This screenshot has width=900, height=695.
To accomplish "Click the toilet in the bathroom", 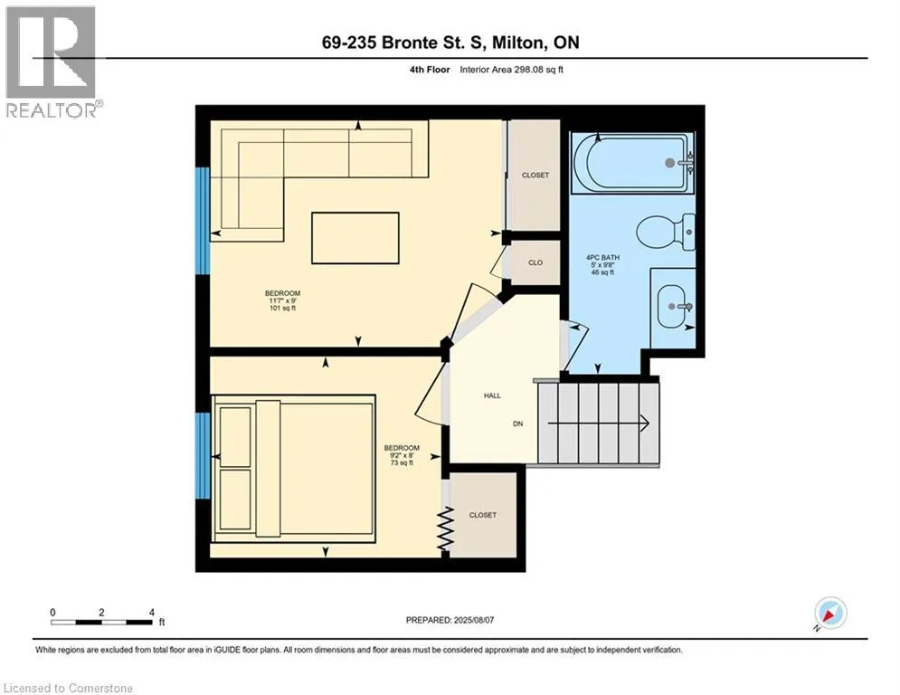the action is click(666, 232).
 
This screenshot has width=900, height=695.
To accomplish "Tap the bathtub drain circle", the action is click(670, 163).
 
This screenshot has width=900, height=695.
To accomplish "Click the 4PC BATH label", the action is click(602, 257).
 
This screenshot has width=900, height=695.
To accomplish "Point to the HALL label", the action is click(492, 395).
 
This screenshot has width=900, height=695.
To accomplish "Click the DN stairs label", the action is click(517, 424).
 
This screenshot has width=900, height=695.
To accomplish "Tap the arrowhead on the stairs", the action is click(645, 424).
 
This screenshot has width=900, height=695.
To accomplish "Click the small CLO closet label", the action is click(535, 262).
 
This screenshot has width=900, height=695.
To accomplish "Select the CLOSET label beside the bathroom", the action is click(535, 176).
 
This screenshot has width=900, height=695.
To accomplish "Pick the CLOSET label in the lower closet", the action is click(483, 515).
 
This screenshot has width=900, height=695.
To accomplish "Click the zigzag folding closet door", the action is click(446, 528).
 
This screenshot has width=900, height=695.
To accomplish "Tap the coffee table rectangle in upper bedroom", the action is click(355, 238).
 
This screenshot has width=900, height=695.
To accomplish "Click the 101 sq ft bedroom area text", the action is click(282, 309).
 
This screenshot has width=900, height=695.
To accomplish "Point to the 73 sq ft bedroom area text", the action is click(402, 463).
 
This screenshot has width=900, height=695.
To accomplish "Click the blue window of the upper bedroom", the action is click(202, 221).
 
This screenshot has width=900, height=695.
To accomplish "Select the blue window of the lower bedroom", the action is click(202, 455).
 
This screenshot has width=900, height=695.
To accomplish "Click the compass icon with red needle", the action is click(830, 614).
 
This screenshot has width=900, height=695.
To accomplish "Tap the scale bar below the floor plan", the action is click(101, 622).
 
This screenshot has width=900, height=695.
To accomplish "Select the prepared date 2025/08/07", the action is click(474, 620).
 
